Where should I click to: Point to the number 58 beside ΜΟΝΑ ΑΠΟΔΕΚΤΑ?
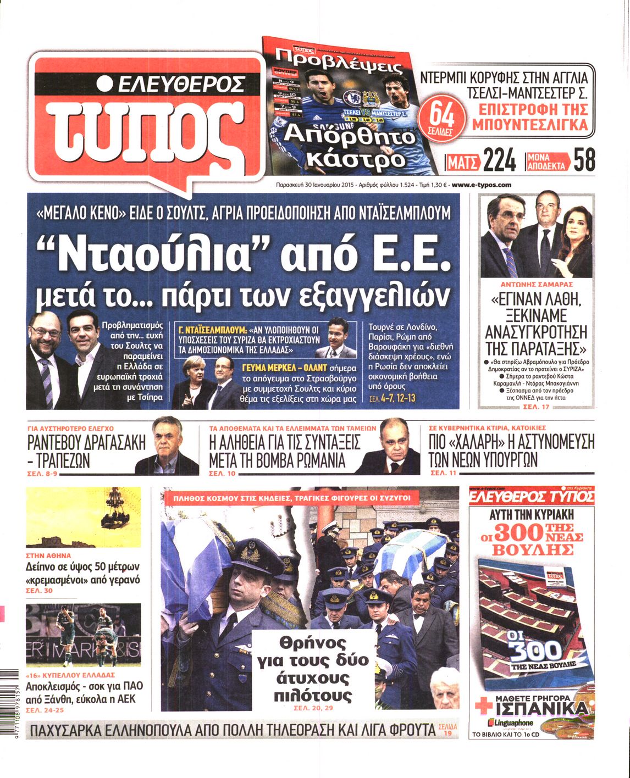584,160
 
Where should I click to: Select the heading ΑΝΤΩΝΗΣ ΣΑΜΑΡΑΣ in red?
537,285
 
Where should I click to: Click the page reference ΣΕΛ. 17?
537,406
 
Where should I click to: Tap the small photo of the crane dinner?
83,516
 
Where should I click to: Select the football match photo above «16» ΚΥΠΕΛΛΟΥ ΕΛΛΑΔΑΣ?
83,635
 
